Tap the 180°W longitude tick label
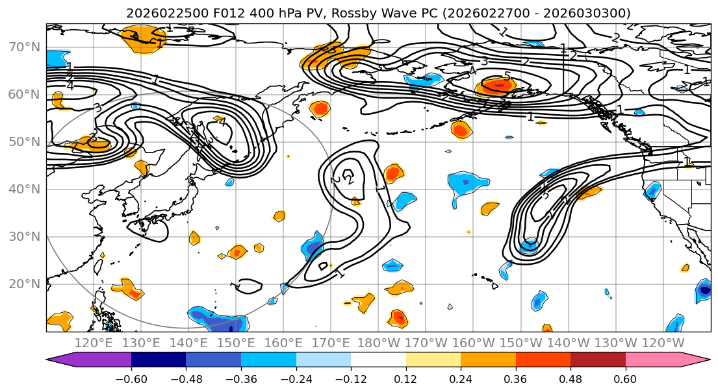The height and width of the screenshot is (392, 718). point(379,343)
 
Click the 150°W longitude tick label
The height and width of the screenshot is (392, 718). point(521,343)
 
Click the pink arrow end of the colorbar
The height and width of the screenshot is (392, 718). point(699,360)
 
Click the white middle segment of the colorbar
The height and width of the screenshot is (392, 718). point(378,360)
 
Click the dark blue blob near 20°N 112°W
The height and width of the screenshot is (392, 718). point(704,291)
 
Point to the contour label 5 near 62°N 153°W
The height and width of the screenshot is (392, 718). point(506,76)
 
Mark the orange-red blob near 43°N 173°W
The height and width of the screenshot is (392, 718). point(392,173)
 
